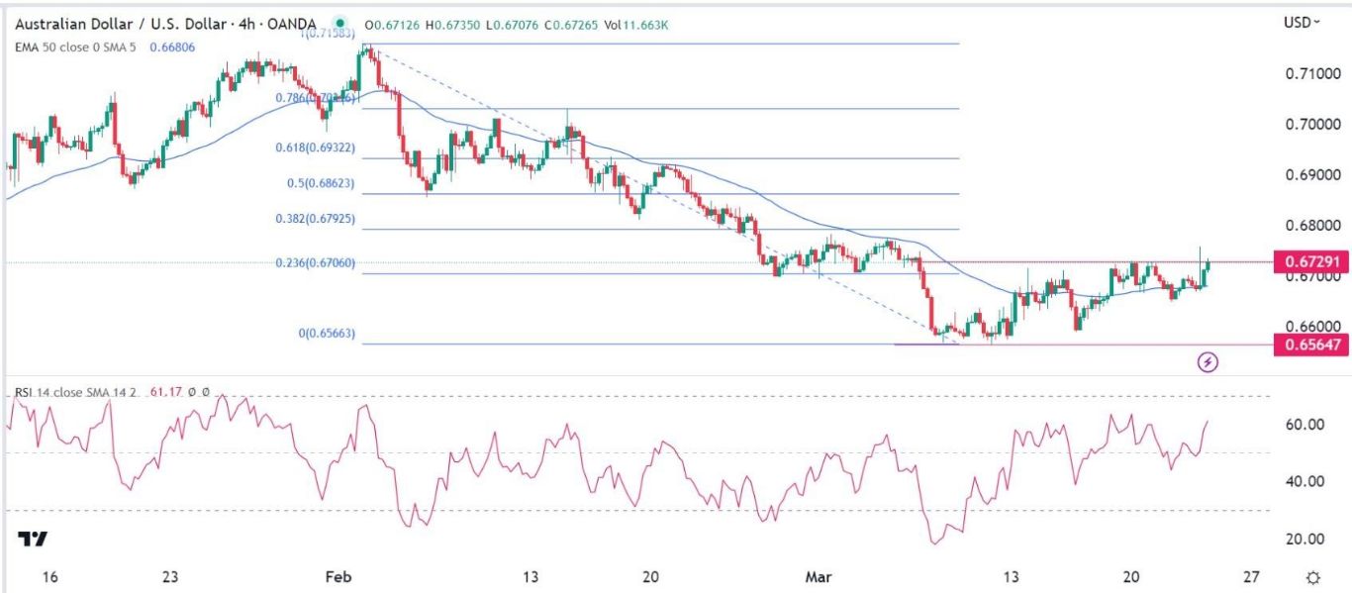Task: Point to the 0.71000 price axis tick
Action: [x=1306, y=74]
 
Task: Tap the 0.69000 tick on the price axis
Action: [x=1306, y=175]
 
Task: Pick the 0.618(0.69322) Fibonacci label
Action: [x=315, y=148]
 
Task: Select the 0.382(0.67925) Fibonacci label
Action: [x=315, y=220]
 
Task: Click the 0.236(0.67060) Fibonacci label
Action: [x=315, y=263]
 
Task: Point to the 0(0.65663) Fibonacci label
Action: [x=327, y=334]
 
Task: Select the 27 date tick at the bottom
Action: [x=1251, y=577]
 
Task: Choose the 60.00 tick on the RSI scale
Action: [x=1304, y=425]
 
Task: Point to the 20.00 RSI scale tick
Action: [x=1304, y=539]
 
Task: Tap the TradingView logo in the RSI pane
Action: [x=33, y=539]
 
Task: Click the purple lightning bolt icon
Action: [x=1207, y=362]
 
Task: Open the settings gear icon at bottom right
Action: [x=1312, y=578]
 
